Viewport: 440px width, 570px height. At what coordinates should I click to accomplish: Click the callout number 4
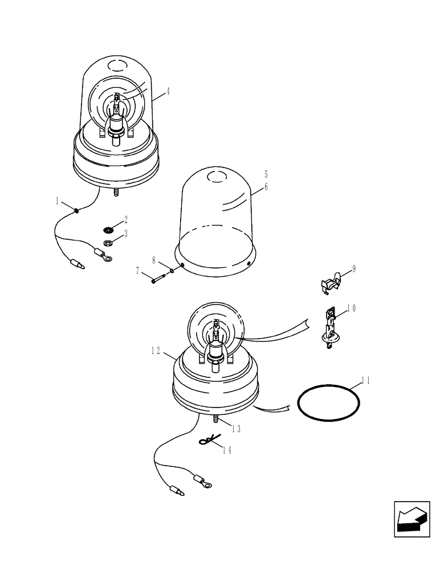click(x=168, y=90)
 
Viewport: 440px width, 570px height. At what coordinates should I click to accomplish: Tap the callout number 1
click(x=58, y=201)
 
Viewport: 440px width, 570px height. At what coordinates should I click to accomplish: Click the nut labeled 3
click(x=106, y=243)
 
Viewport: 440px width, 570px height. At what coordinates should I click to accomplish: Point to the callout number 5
click(x=266, y=174)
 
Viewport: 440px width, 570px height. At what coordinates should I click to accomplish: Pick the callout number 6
click(x=266, y=186)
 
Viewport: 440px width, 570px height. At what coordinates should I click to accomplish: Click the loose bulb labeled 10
click(x=329, y=327)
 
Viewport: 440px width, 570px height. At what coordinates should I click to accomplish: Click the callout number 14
click(x=227, y=450)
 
